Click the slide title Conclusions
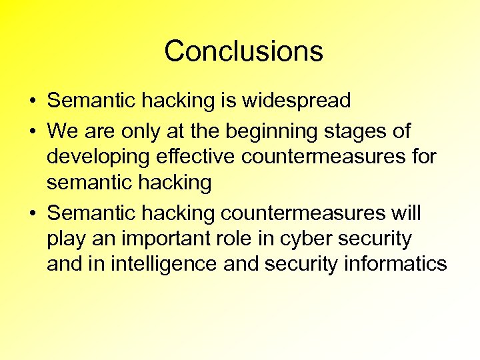coord(243,51)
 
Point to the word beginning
coord(303,131)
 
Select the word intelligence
coord(155,265)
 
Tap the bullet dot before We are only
coord(32,131)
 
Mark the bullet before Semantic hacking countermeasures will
coord(32,213)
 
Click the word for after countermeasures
coord(423,157)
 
